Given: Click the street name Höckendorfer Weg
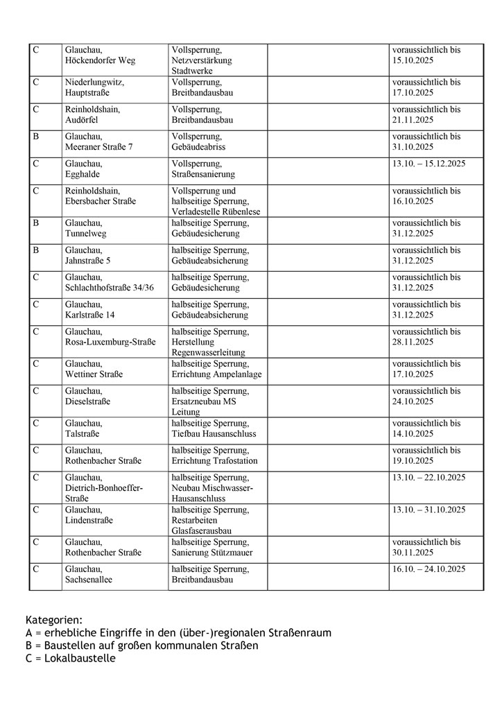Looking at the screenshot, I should click(x=100, y=61).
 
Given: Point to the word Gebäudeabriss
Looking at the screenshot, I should click(x=198, y=147).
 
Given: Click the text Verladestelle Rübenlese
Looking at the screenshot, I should click(x=216, y=211).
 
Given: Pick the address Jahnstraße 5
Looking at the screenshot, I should click(x=87, y=261).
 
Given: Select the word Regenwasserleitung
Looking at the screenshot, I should click(x=208, y=352).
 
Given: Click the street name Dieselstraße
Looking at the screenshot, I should click(x=87, y=401).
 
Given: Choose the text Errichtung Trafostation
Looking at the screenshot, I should click(x=214, y=461).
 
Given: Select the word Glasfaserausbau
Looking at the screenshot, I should click(x=201, y=531).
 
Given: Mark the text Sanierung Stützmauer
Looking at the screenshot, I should click(x=212, y=553).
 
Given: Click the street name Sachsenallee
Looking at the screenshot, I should click(x=89, y=580).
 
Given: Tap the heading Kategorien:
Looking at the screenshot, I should click(x=54, y=620).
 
